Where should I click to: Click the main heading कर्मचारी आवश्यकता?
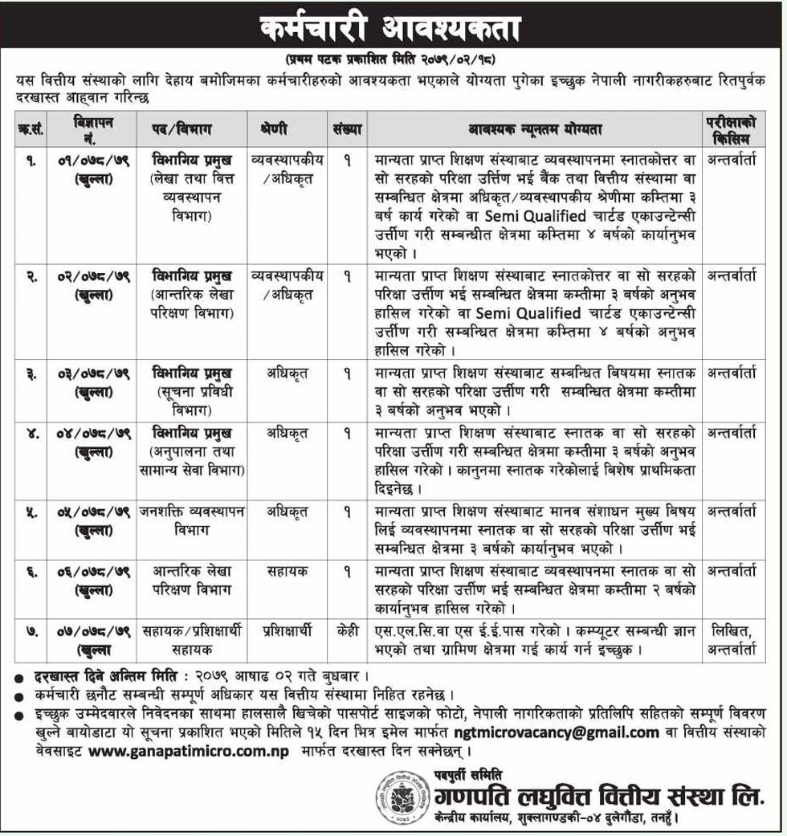coord(391,29)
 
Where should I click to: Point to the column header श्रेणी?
coord(274,128)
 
